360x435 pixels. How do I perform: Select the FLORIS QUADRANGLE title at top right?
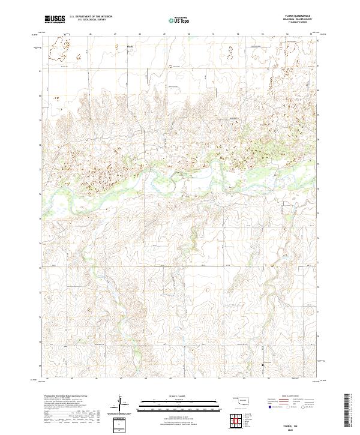coord(301,16)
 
